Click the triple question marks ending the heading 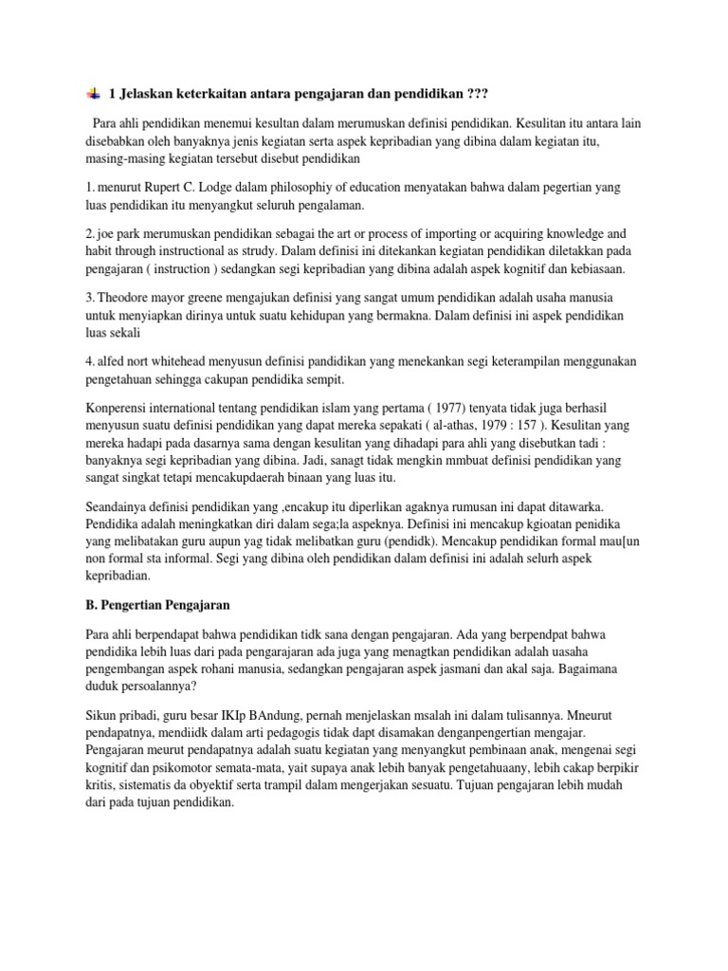480,93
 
